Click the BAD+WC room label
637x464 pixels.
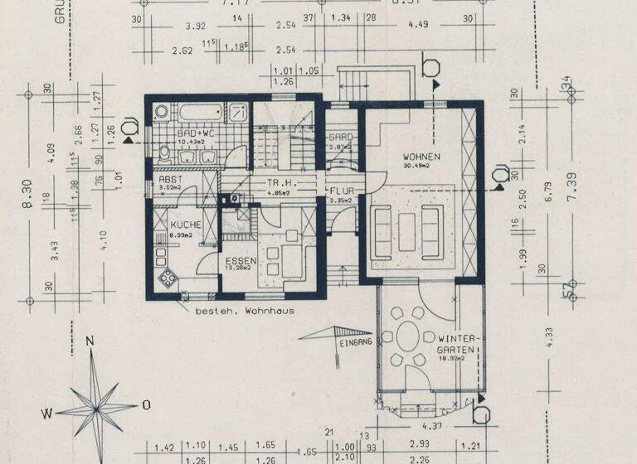pos(197,133)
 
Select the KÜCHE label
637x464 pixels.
pos(186,225)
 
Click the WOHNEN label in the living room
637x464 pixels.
pos(421,157)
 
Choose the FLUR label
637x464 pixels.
pos(341,190)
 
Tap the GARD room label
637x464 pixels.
pos(341,137)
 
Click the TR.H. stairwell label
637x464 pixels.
pos(278,183)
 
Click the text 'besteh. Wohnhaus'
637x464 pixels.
pos(245,311)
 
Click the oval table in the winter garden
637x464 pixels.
pos(409,340)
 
